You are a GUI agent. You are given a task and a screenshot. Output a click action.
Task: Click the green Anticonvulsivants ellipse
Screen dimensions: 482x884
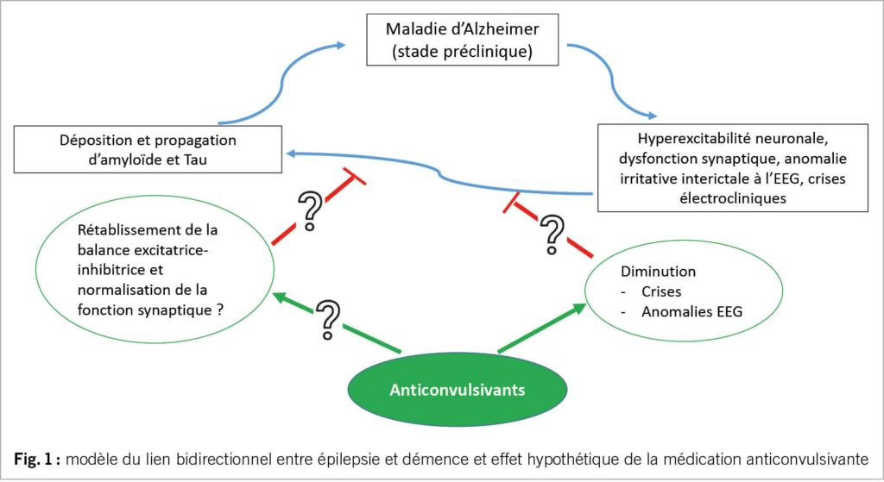point(458,389)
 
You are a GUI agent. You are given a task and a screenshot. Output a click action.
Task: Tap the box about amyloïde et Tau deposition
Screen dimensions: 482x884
point(148,148)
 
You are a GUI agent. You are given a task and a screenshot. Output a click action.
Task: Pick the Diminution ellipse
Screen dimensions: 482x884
point(675,291)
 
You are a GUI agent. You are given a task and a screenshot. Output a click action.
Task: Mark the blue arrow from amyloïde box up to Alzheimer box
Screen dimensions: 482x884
point(276,82)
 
